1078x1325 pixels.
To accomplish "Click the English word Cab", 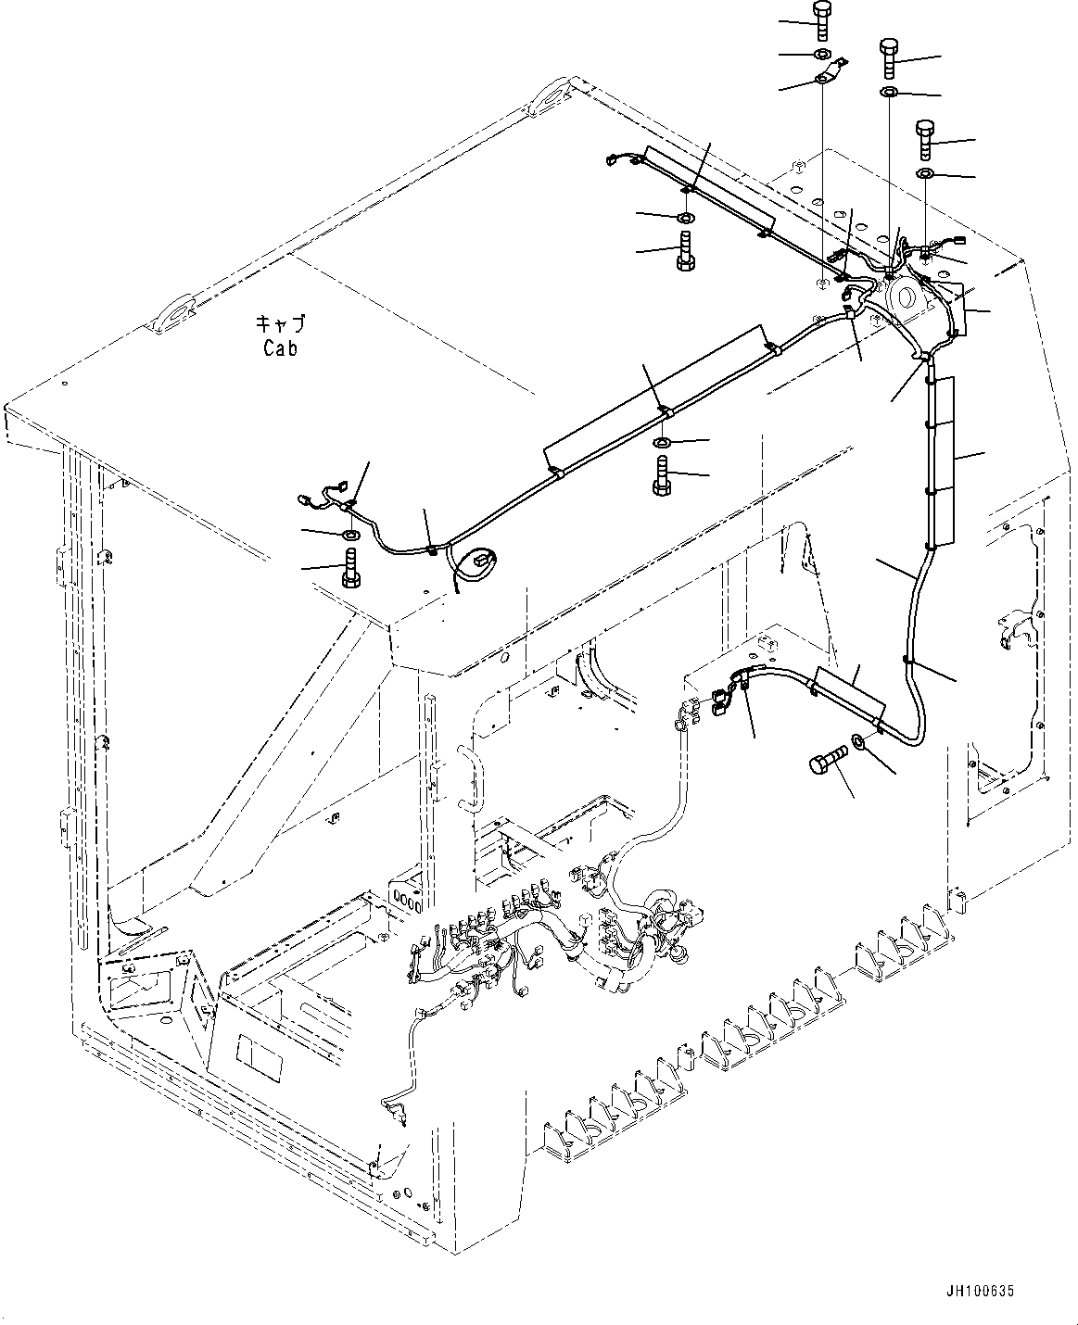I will pyautogui.click(x=280, y=349).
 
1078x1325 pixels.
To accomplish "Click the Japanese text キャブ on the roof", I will pyautogui.click(x=280, y=324).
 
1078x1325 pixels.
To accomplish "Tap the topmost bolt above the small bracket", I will pyautogui.click(x=821, y=19).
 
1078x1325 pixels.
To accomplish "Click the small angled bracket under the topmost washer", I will pyautogui.click(x=831, y=71).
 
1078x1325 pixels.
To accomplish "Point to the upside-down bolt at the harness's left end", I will pyautogui.click(x=350, y=566).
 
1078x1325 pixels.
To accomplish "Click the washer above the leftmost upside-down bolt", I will pyautogui.click(x=351, y=535).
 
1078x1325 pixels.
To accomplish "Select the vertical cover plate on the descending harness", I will pyautogui.click(x=944, y=459).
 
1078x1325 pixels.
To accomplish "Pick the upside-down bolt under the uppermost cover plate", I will pyautogui.click(x=685, y=249).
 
